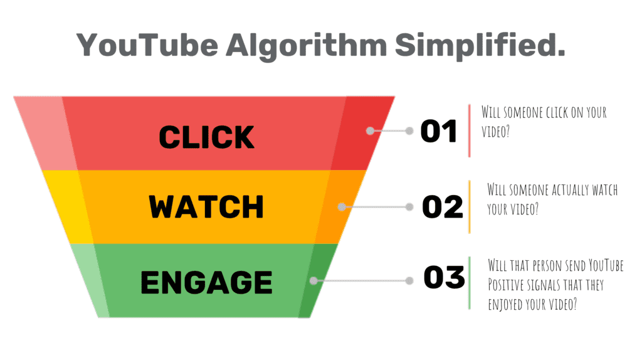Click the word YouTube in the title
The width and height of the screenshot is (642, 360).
coord(147,45)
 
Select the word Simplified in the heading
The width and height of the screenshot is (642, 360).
coord(480,45)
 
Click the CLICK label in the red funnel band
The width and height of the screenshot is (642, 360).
coord(206,137)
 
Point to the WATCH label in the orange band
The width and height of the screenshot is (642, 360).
coord(206,207)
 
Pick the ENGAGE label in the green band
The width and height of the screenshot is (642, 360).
coord(206,282)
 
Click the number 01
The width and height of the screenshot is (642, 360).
coord(438,131)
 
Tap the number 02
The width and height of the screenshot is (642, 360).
coord(443,207)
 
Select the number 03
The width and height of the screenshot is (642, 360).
coord(445,277)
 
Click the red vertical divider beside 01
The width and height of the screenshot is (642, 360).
coord(469,130)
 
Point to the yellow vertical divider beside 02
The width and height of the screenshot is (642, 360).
coord(470,207)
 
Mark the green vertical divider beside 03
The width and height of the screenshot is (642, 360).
coord(470,283)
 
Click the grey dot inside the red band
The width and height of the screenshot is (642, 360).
coord(370,130)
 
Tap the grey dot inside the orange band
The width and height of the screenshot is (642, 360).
coord(342,207)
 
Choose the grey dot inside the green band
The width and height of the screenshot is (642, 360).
coord(313,280)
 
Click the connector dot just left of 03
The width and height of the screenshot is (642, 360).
coord(409,280)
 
